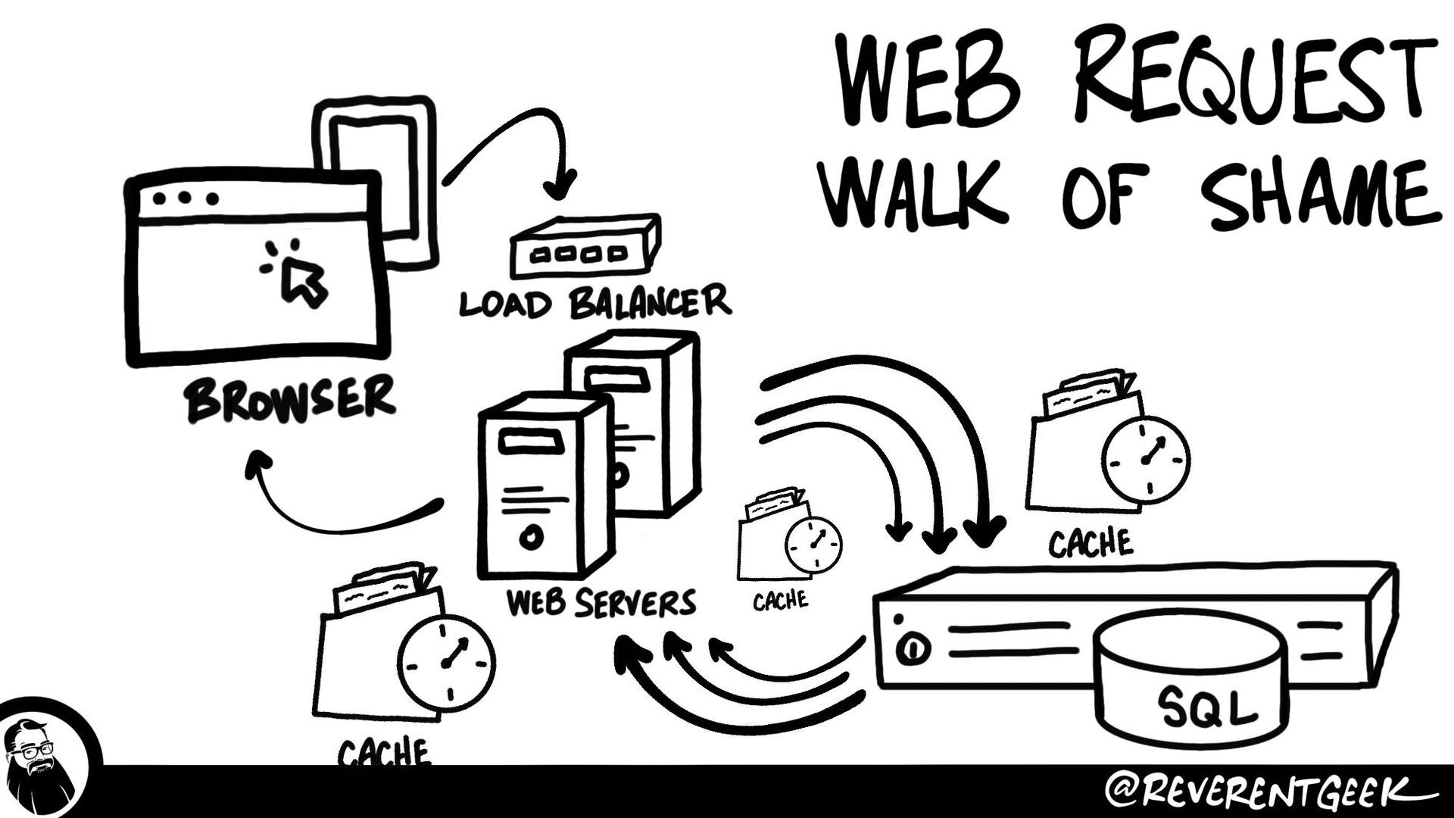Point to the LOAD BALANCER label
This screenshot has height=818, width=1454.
coord(595,302)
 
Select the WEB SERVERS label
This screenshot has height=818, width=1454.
coord(601,603)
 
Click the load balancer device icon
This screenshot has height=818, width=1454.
coord(583,246)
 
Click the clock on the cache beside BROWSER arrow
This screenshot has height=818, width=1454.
coord(447,663)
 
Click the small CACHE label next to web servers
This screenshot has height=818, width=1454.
coord(780,601)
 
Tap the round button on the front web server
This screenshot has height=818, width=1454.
coord(531,538)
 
